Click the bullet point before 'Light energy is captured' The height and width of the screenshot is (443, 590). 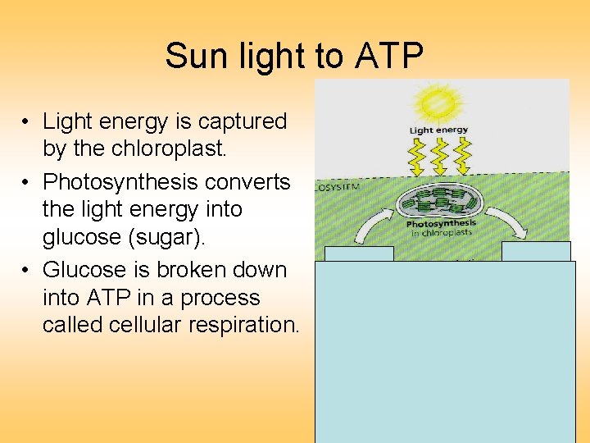pos(26,122)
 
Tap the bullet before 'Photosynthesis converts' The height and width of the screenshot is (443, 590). pos(26,182)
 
